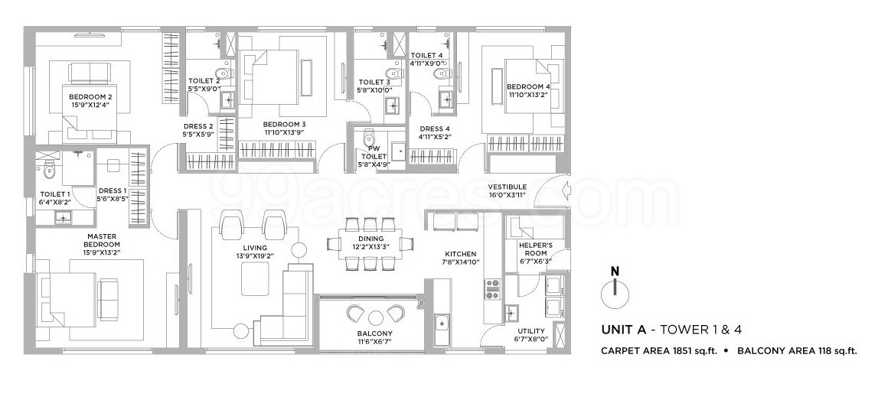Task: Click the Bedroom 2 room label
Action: tap(87, 97)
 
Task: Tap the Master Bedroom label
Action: tap(101, 241)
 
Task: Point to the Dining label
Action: tap(367, 239)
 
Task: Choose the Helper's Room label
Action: tap(533, 249)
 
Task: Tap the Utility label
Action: tap(531, 330)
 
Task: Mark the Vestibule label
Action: tap(508, 187)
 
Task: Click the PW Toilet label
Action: tap(367, 153)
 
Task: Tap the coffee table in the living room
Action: tap(256, 278)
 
